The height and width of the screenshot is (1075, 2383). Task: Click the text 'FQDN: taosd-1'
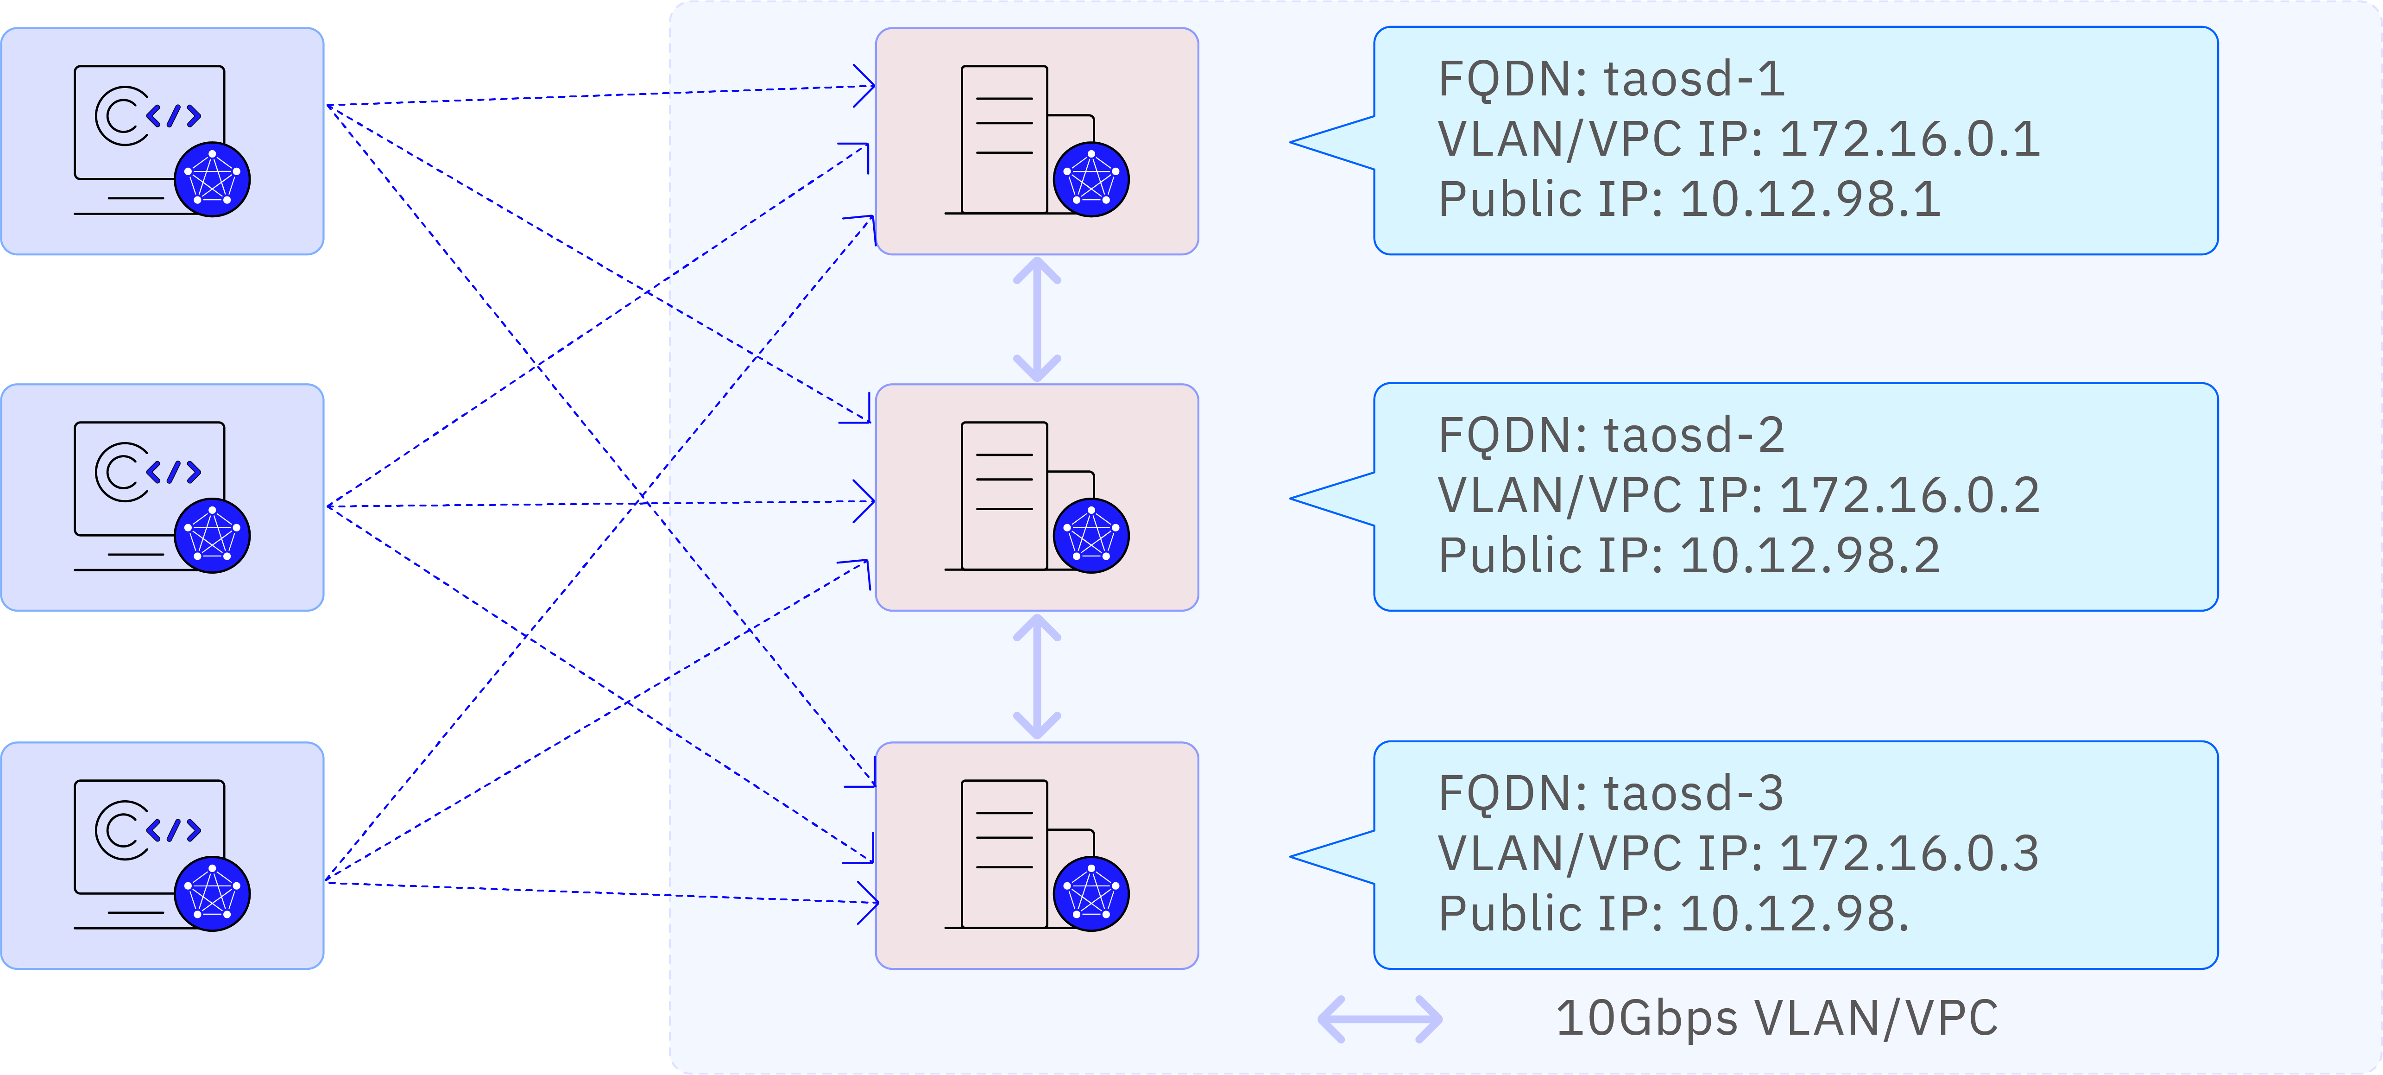click(x=1610, y=80)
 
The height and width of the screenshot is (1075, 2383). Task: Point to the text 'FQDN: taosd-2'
click(x=1610, y=436)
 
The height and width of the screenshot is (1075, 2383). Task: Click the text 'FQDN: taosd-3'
click(x=1610, y=794)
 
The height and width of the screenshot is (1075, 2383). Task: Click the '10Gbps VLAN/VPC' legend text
click(x=1776, y=1018)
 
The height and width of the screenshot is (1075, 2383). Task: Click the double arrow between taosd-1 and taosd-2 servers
click(x=1037, y=319)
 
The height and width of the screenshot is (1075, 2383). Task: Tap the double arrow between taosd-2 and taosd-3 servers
click(x=1037, y=676)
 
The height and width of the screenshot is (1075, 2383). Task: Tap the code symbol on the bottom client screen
click(x=173, y=830)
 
